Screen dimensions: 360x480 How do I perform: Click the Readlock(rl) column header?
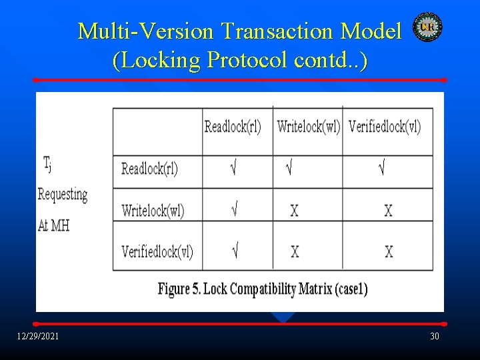coord(233,127)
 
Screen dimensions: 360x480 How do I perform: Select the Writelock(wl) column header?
coord(308,127)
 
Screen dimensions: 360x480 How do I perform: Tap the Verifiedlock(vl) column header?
coord(385,127)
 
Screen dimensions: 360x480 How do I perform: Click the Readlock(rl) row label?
coord(150,169)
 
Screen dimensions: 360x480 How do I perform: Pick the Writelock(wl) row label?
coord(153,211)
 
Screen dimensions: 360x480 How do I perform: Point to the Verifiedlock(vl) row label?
coord(157,251)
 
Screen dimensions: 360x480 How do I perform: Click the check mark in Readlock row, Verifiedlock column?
coord(381,169)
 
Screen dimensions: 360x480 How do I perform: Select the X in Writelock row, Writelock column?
coord(294,211)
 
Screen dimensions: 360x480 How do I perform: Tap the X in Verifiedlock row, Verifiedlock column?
coord(389,251)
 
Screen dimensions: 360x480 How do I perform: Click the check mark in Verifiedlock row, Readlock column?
coord(235,251)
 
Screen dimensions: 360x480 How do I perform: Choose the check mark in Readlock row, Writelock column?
coord(289,169)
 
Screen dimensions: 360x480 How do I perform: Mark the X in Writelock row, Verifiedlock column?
coord(389,211)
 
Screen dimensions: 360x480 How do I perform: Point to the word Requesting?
coord(63,195)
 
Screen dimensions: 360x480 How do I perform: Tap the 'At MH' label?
coord(53,225)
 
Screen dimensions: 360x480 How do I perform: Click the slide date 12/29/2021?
coord(38,336)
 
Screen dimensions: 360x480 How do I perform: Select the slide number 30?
coord(435,336)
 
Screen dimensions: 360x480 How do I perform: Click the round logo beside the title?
coord(427,27)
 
